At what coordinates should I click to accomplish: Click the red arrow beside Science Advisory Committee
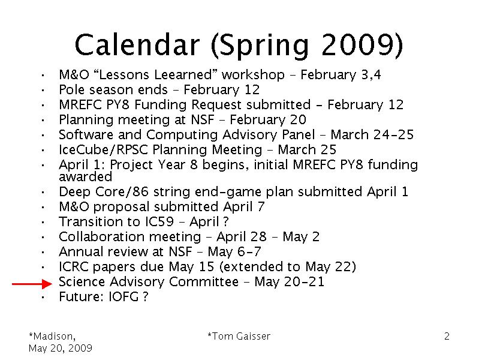(32, 284)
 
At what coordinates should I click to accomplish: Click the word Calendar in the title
(137, 44)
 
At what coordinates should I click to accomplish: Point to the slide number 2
(447, 336)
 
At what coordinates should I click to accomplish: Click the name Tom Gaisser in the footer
(241, 336)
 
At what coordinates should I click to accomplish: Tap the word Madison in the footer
(53, 337)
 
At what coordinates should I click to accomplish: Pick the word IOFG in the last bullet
(123, 296)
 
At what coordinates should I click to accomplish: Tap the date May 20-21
(289, 281)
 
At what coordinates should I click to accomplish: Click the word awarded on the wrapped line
(86, 177)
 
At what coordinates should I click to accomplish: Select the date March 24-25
(372, 134)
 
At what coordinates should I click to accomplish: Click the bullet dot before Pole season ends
(43, 90)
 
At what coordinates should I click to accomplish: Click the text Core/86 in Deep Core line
(122, 192)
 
